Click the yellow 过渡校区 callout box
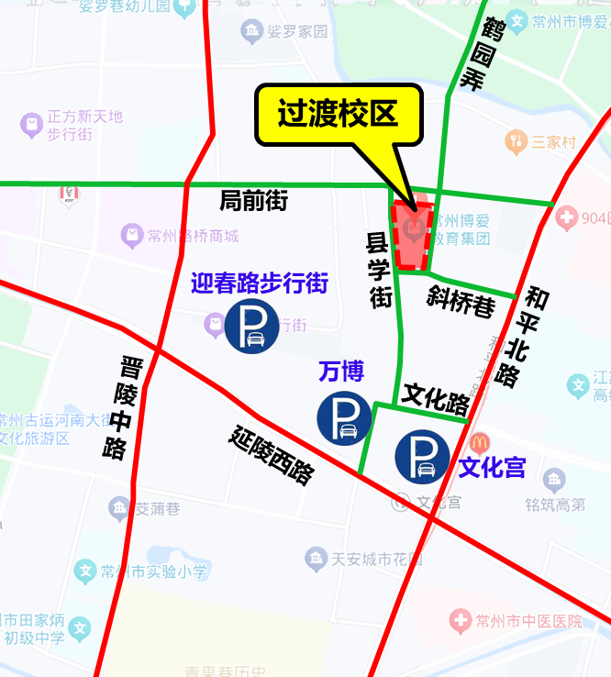[x=339, y=116]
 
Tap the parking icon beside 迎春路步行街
[x=251, y=327]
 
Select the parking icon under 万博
[x=344, y=417]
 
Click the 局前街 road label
[x=254, y=200]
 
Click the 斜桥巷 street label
[x=461, y=301]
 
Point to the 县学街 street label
[x=379, y=270]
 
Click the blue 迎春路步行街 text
[x=260, y=283]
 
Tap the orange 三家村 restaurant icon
[x=515, y=141]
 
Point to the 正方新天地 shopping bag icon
[x=31, y=122]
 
